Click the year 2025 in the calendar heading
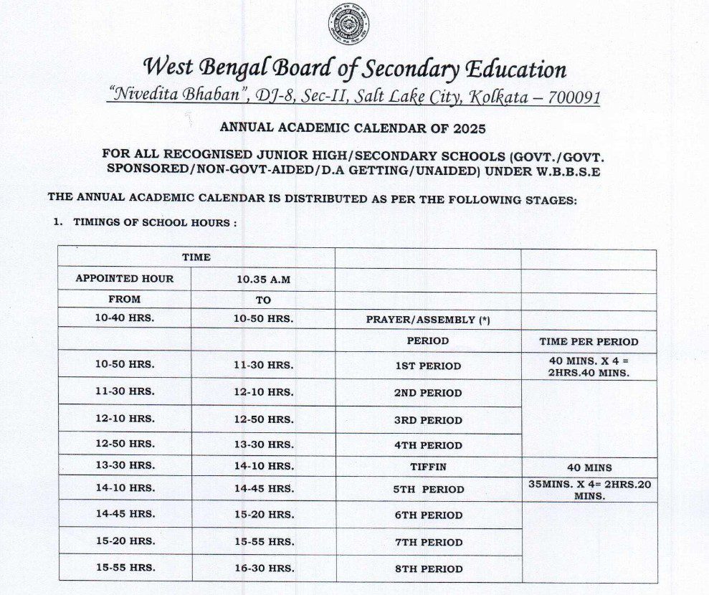[467, 128]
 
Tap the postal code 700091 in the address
[574, 97]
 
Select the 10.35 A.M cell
[263, 279]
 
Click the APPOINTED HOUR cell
[125, 279]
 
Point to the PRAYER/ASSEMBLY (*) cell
[428, 320]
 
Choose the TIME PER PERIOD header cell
[589, 341]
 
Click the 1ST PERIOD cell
[428, 366]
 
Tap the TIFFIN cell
[428, 467]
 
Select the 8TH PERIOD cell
[428, 568]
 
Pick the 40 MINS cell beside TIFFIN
[589, 467]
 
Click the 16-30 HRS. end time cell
[263, 568]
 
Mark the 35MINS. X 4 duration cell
[589, 490]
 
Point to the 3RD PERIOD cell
[428, 420]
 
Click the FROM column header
[125, 300]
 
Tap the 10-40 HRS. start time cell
[125, 318]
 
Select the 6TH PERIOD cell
[428, 515]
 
